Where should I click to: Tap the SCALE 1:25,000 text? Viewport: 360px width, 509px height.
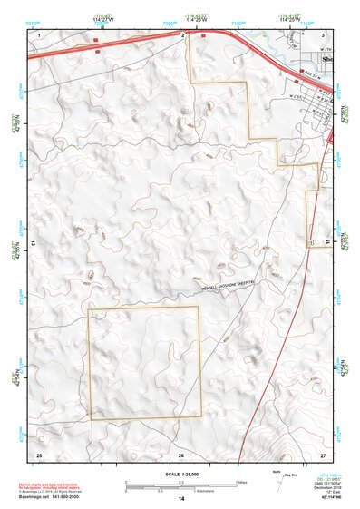(x=180, y=475)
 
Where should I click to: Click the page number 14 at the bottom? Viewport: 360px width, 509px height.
(x=180, y=500)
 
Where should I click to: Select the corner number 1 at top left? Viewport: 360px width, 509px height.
(x=39, y=34)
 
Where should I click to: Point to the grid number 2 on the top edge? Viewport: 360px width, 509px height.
(x=183, y=34)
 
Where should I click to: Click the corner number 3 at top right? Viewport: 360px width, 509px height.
(x=323, y=34)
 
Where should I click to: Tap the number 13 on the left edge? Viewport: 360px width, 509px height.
(x=33, y=243)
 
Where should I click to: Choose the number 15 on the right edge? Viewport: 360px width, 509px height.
(x=330, y=243)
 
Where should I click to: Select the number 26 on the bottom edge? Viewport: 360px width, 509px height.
(x=181, y=454)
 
